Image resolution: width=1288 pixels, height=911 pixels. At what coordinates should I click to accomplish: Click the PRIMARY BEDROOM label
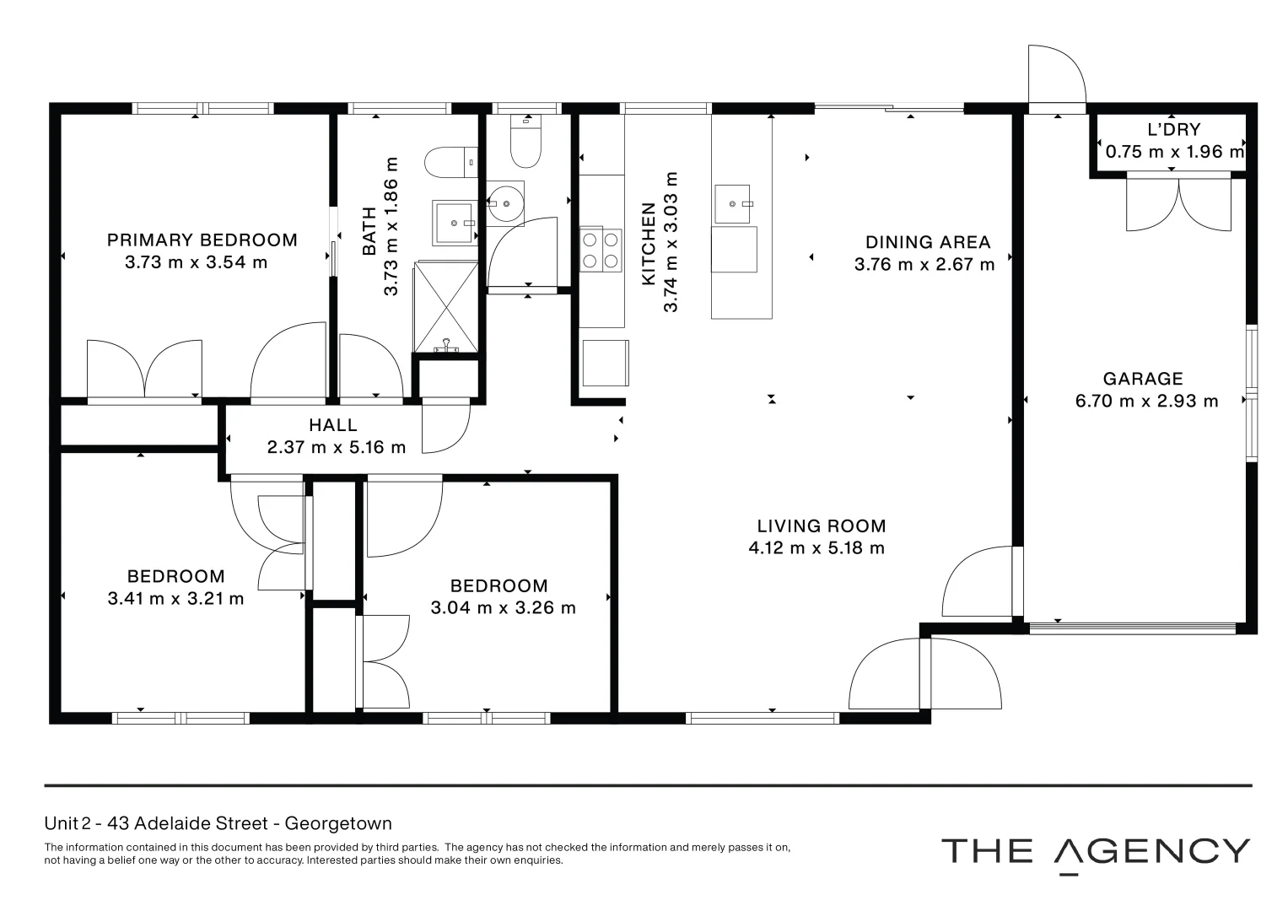(x=202, y=240)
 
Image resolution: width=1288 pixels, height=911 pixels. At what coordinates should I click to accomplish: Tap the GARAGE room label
(x=1143, y=379)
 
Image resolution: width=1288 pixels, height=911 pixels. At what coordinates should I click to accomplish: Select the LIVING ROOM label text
(x=822, y=526)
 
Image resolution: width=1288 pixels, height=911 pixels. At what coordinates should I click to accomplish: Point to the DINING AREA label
(x=928, y=243)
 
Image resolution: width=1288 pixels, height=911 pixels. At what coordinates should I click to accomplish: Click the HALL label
(x=333, y=426)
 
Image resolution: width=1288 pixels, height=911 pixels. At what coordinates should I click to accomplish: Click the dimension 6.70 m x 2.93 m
(x=1146, y=402)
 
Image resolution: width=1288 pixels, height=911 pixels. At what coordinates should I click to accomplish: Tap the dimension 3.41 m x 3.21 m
(x=175, y=599)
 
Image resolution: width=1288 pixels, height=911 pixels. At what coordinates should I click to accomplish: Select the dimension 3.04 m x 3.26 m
(x=503, y=608)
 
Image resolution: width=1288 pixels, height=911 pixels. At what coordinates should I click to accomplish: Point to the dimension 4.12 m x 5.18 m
(x=816, y=548)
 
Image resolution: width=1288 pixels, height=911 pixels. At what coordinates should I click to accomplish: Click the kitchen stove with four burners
(x=601, y=251)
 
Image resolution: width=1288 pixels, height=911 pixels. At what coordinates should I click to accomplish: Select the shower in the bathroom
(x=445, y=305)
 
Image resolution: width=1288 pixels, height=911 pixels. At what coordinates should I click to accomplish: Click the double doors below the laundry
(x=1178, y=202)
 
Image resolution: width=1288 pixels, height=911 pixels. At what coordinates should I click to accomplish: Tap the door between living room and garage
(x=978, y=582)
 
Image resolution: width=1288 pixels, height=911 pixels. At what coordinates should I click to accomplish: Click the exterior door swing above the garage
(x=1056, y=76)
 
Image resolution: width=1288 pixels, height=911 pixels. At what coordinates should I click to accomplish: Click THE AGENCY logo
(x=1095, y=852)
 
